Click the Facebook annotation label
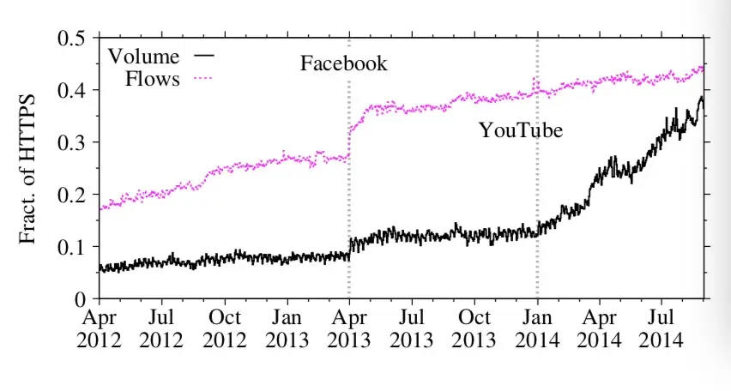(344, 63)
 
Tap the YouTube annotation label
(520, 131)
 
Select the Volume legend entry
(144, 57)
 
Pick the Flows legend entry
(153, 80)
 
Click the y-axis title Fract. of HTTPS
(28, 169)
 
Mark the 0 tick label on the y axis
(81, 299)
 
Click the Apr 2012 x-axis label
(100, 328)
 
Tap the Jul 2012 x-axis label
(162, 328)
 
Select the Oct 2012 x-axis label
(225, 328)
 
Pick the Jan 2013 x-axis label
(287, 328)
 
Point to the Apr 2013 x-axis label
(349, 328)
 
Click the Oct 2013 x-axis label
(474, 328)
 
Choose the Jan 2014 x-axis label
(537, 328)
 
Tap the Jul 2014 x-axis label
(662, 328)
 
